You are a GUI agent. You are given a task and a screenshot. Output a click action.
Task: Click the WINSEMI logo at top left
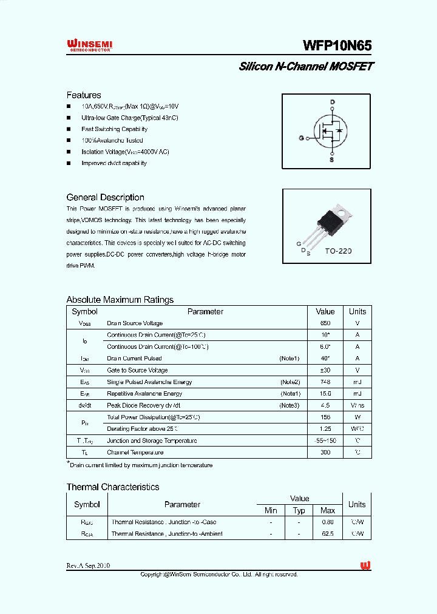(x=89, y=46)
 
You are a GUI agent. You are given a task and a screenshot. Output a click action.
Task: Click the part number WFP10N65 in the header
(x=337, y=46)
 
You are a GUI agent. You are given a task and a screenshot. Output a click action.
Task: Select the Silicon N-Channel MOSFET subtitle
(x=306, y=66)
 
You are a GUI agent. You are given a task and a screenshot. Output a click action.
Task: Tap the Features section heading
(x=84, y=95)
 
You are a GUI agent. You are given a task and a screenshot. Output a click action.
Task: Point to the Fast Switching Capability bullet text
(x=114, y=129)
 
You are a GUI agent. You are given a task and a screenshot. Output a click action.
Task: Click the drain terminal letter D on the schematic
(x=332, y=102)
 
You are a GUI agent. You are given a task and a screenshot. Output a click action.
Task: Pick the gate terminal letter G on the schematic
(x=300, y=138)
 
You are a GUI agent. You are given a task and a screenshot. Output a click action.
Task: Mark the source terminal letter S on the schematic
(x=331, y=160)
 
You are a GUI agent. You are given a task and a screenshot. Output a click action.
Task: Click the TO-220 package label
(x=337, y=250)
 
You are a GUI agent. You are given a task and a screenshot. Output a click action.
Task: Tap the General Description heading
(x=105, y=197)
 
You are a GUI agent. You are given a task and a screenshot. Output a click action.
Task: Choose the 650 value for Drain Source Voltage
(x=325, y=323)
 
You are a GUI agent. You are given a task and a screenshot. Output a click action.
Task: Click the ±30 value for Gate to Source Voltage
(x=325, y=370)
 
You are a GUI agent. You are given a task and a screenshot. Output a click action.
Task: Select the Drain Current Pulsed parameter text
(x=134, y=359)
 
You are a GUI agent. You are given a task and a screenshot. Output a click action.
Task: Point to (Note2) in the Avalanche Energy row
(x=290, y=382)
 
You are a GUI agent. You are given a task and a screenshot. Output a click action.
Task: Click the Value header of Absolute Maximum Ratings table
(x=325, y=311)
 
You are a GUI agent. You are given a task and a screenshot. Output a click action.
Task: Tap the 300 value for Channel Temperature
(x=325, y=453)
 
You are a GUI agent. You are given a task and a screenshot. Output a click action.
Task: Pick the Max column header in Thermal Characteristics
(x=328, y=511)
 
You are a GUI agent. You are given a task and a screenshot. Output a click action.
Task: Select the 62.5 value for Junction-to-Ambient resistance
(x=328, y=534)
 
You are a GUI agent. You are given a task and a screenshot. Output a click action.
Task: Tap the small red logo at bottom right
(x=365, y=565)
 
